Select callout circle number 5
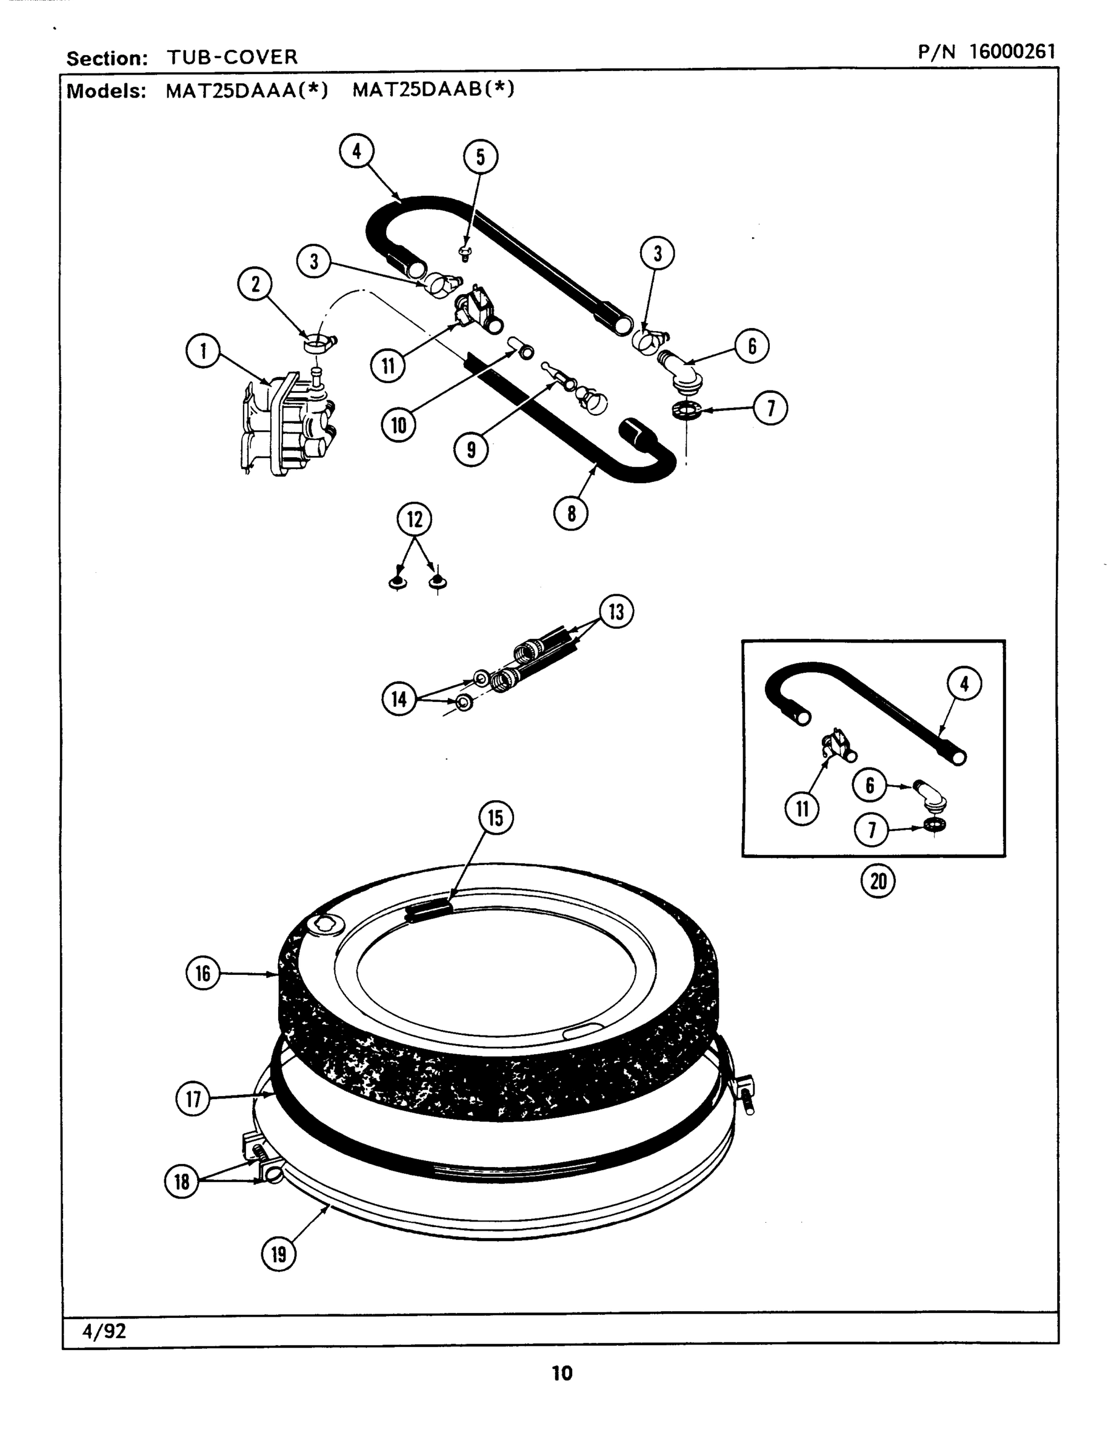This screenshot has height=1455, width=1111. [x=480, y=157]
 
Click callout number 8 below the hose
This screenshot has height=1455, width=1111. [x=572, y=513]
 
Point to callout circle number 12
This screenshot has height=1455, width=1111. [x=415, y=519]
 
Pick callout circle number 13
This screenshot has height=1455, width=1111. [x=616, y=612]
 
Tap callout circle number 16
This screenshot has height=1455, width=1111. [x=203, y=973]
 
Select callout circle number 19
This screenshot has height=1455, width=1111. [x=279, y=1254]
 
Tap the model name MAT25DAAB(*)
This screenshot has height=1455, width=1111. [x=433, y=89]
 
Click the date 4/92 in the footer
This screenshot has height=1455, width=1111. [x=104, y=1331]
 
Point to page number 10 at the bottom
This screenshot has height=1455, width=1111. [x=562, y=1374]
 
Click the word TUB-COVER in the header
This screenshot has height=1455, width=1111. [x=232, y=57]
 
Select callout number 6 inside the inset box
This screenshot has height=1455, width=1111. [x=870, y=785]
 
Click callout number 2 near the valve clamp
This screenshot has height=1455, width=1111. [x=255, y=284]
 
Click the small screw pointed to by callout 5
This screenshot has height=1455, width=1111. [x=465, y=252]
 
